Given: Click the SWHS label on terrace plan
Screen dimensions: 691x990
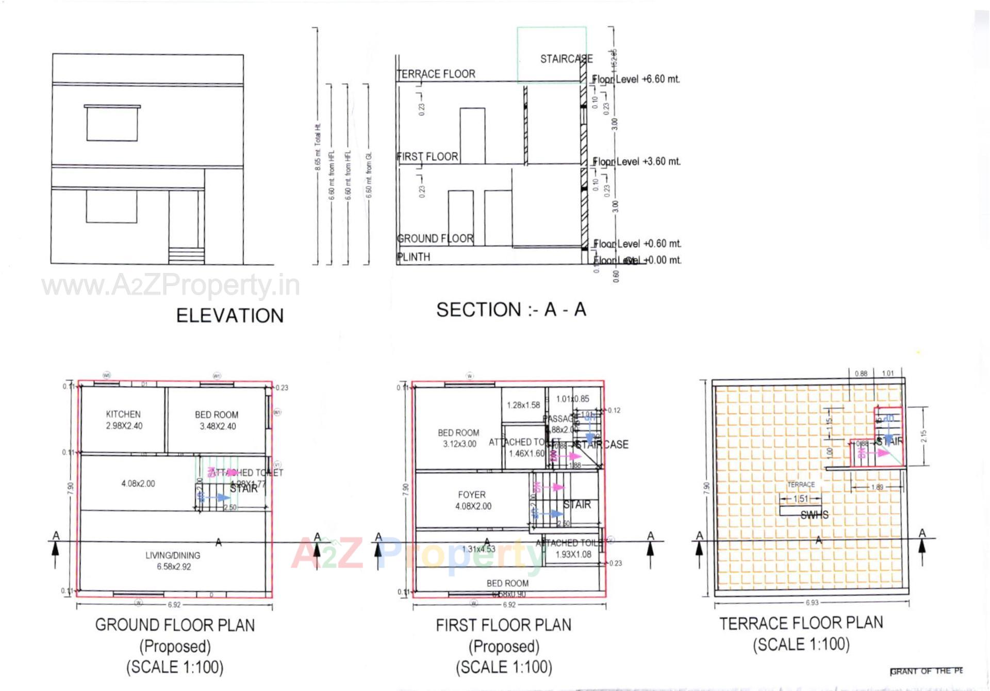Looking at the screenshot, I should click(x=814, y=515).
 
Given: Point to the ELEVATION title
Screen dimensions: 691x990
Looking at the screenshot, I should click(x=230, y=316).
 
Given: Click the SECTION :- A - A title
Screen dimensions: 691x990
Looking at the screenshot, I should click(x=511, y=310).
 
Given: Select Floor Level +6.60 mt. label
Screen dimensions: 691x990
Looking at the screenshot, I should click(x=636, y=79).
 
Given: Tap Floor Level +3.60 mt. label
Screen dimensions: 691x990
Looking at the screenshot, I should click(x=636, y=162).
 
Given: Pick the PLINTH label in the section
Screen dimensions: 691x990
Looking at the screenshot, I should click(x=414, y=257).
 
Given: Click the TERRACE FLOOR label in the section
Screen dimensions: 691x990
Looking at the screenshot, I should click(x=436, y=74).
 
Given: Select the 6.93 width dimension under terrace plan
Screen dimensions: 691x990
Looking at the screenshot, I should click(x=812, y=602).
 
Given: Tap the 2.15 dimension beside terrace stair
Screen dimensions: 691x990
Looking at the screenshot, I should click(x=923, y=436).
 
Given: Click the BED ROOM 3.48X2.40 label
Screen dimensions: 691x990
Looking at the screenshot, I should click(x=217, y=421).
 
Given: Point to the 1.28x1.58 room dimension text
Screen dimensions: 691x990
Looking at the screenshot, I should click(x=523, y=405).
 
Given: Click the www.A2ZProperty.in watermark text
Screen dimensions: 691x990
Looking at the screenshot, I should click(x=170, y=285).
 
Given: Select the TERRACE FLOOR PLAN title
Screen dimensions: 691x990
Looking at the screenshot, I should click(x=801, y=623).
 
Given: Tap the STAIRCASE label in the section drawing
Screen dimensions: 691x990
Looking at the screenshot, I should click(x=566, y=59).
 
